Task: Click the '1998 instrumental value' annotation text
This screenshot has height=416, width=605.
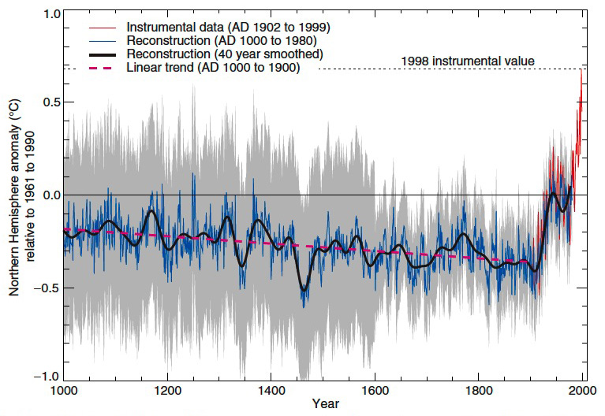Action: [468, 61]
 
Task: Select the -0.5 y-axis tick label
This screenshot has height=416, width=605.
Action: [47, 287]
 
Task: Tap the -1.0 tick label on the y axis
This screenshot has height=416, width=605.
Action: [47, 375]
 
